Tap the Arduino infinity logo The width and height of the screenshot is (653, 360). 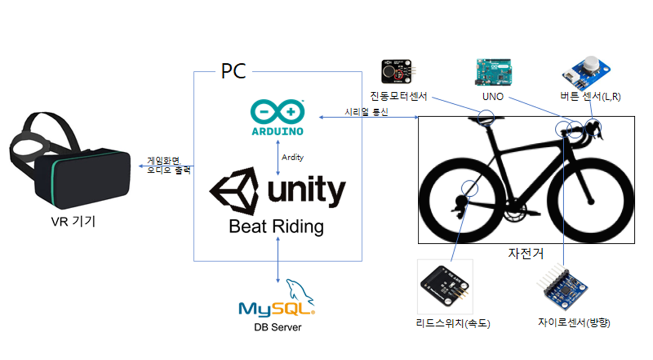point(277,112)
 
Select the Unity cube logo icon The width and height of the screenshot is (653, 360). point(234,190)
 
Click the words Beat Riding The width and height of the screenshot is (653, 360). point(276,227)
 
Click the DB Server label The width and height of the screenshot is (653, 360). point(277,327)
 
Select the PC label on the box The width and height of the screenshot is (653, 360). point(233,71)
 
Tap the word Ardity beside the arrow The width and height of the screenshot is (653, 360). point(292,157)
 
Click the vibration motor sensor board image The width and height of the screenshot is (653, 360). point(397,72)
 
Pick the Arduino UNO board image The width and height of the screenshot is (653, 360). point(493,72)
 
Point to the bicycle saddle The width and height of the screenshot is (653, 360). point(486,119)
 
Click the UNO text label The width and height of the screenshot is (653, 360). point(493,97)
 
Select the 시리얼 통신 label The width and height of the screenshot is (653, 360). point(366,112)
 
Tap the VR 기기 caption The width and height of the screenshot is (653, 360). point(73,221)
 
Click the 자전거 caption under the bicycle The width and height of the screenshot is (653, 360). point(526,253)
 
